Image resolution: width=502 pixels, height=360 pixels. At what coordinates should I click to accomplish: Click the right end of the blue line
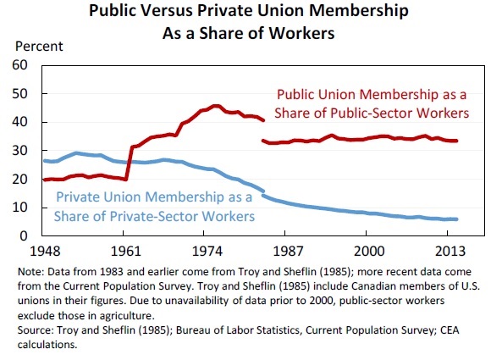click(x=457, y=219)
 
